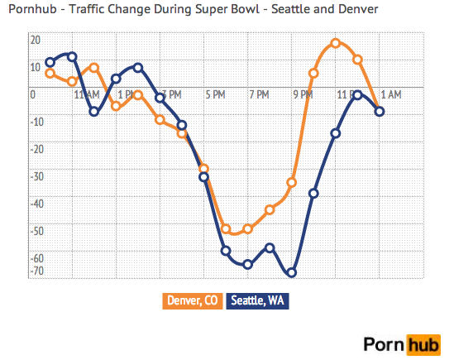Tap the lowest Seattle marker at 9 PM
(x=292, y=272)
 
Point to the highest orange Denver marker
(x=336, y=42)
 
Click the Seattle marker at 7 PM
(x=247, y=264)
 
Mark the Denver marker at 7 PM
(x=247, y=228)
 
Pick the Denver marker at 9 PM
(x=292, y=182)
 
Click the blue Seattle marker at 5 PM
(x=203, y=176)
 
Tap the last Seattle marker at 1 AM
(x=380, y=111)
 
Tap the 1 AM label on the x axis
(x=391, y=95)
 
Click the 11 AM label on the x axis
(x=87, y=95)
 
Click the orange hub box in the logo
(x=423, y=342)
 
